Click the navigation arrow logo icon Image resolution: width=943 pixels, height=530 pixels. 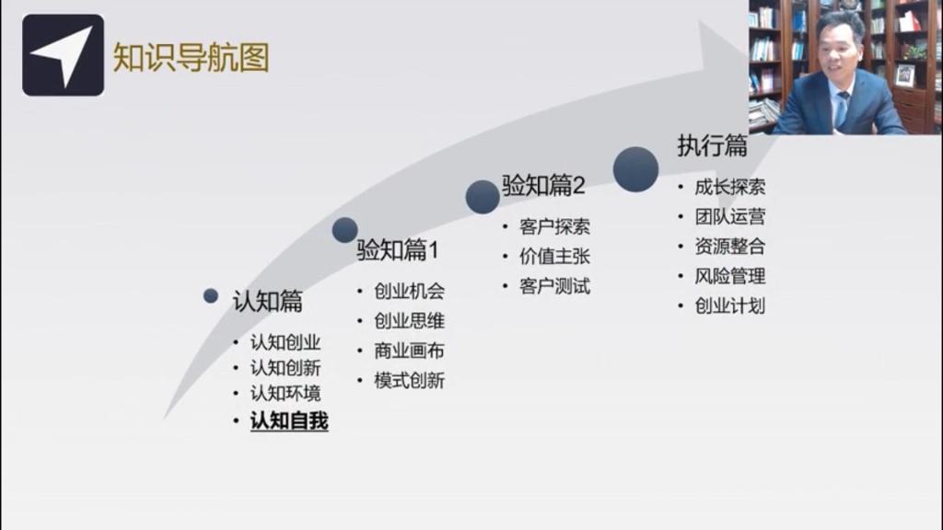tap(64, 55)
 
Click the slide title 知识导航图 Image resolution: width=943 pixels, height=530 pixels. tap(192, 58)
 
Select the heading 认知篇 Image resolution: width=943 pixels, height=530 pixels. tap(268, 301)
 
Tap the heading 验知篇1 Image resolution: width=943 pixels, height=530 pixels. tap(398, 250)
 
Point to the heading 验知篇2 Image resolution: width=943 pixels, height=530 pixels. tap(543, 185)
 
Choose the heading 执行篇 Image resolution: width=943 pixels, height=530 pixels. tap(713, 145)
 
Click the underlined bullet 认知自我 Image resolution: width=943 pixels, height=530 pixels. tap(289, 421)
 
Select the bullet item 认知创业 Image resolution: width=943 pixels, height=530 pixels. tap(285, 342)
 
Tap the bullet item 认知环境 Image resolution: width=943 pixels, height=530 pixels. tap(285, 394)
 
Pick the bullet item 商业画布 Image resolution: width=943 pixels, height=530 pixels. tap(409, 351)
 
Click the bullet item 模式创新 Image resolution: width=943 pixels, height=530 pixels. tap(409, 380)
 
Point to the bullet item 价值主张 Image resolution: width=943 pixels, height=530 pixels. tap(554, 257)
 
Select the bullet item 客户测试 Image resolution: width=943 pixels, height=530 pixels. tap(554, 286)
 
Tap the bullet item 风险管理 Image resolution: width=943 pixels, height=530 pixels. tap(730, 276)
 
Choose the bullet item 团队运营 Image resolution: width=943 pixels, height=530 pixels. tap(730, 216)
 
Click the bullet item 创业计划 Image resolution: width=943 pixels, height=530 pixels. tap(730, 305)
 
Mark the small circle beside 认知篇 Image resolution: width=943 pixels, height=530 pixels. tap(211, 295)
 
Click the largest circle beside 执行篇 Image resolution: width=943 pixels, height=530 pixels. tap(635, 169)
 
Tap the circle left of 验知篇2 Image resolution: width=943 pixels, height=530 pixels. tap(483, 197)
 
